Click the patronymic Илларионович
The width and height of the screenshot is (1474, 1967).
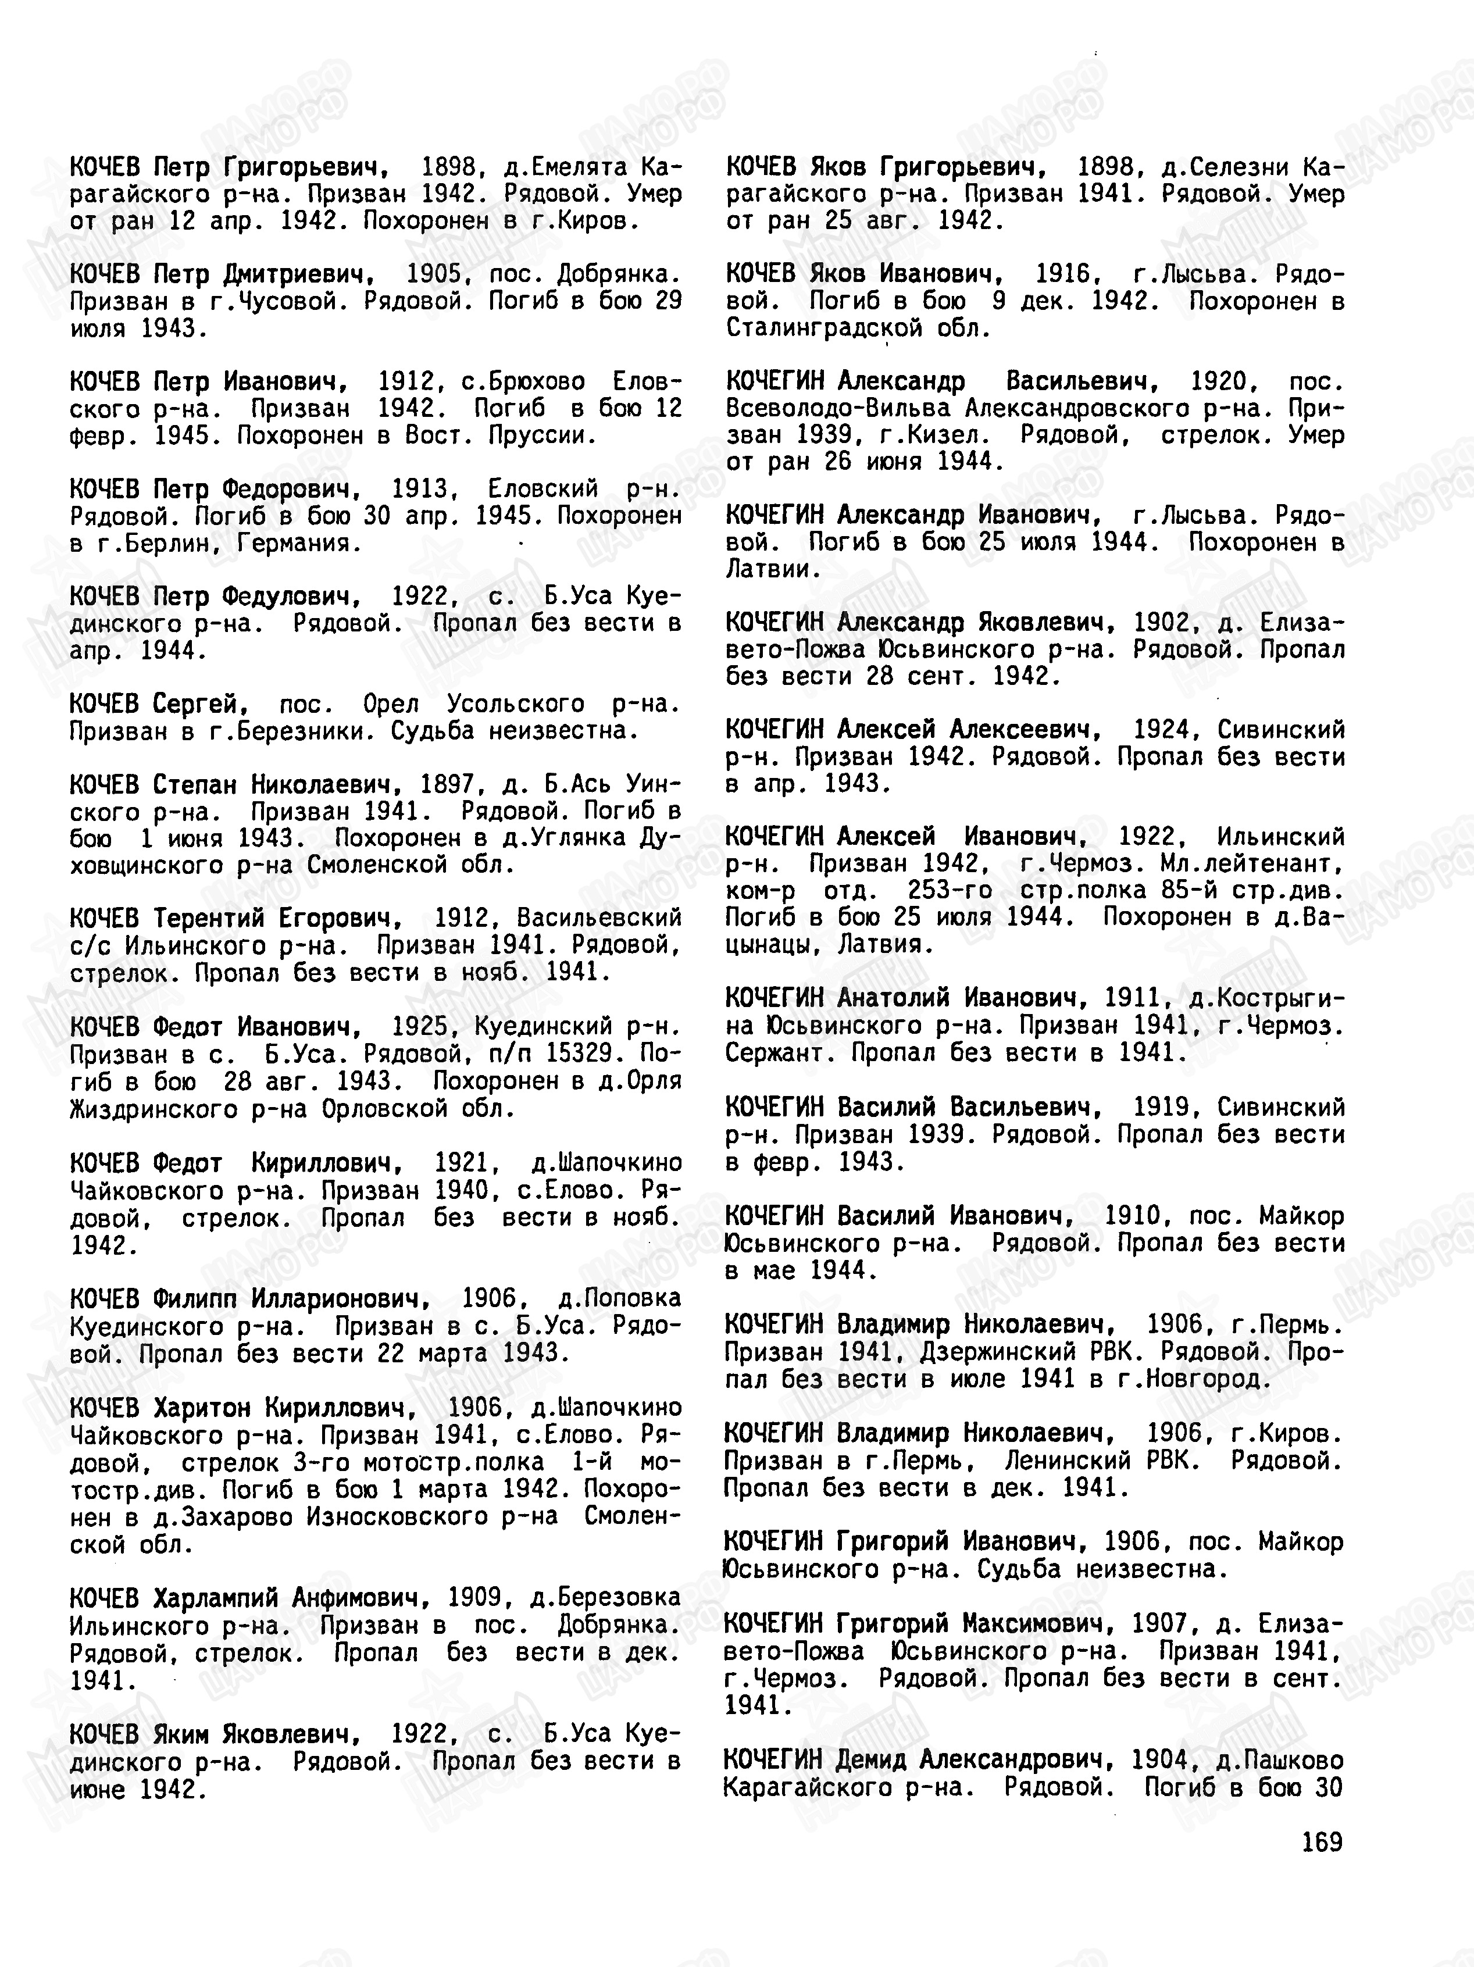point(340,1298)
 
